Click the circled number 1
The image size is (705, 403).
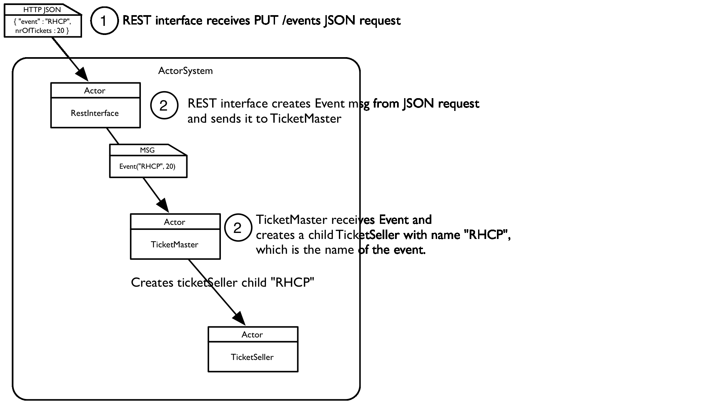pyautogui.click(x=104, y=21)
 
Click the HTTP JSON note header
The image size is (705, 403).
pyautogui.click(x=42, y=10)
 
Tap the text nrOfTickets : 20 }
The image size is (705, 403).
pyautogui.click(x=42, y=31)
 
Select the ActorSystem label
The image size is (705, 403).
pyautogui.click(x=185, y=71)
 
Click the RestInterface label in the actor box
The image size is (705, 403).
pyautogui.click(x=95, y=113)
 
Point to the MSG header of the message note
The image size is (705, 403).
pyautogui.click(x=147, y=150)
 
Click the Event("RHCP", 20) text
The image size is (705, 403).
pyautogui.click(x=147, y=166)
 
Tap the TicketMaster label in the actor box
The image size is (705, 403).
pyautogui.click(x=174, y=245)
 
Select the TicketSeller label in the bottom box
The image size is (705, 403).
pyautogui.click(x=252, y=357)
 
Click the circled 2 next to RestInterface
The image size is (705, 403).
pyautogui.click(x=164, y=106)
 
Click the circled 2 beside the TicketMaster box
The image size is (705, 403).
pyautogui.click(x=238, y=228)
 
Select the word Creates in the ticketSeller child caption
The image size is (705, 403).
pyautogui.click(x=152, y=283)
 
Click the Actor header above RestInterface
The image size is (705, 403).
pyautogui.click(x=95, y=91)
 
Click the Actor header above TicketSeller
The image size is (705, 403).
pyautogui.click(x=252, y=335)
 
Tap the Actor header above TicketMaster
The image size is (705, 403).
pyautogui.click(x=174, y=222)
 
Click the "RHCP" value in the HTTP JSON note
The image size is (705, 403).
pyautogui.click(x=58, y=22)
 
